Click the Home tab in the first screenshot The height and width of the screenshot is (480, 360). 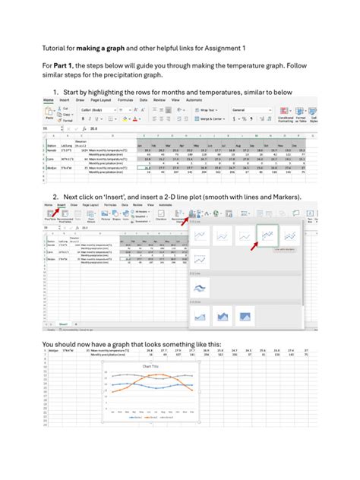coord(49,99)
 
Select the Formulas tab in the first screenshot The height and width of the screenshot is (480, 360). coord(125,99)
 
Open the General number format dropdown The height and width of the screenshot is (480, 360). coord(251,109)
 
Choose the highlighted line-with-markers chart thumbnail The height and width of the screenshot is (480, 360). coord(268,237)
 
